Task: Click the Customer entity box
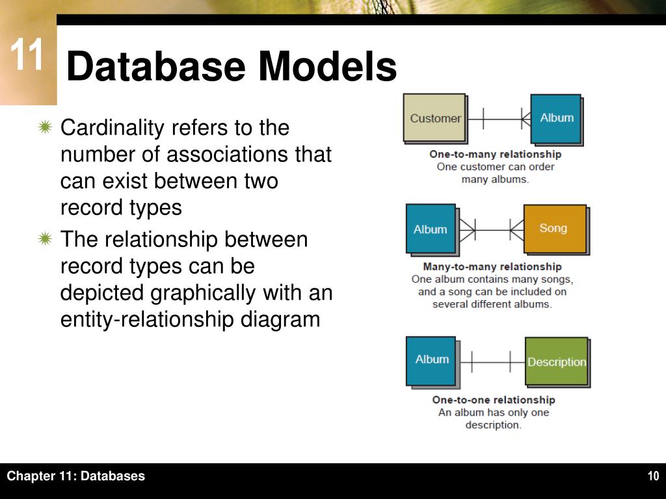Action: coord(434,118)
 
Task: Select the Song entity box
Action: coord(554,229)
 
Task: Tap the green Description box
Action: coord(556,361)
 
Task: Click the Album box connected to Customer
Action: coord(556,118)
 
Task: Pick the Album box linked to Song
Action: coord(431,229)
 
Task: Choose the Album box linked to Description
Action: coord(431,360)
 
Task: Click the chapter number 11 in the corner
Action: coord(27,57)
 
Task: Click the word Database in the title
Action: coord(155,67)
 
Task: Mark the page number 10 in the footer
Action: coord(653,476)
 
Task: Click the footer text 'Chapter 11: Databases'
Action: coord(76,476)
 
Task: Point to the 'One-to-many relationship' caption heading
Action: coord(495,155)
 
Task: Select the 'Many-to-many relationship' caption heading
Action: coord(492,266)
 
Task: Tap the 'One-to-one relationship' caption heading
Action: coord(494,400)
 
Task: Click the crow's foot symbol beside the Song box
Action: coord(516,229)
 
